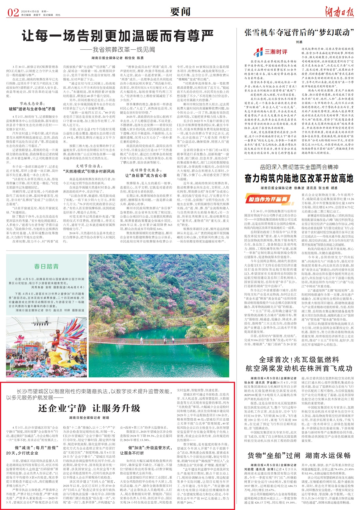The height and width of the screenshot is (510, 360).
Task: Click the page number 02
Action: (13, 13)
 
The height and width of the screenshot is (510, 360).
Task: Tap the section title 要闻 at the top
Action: (180, 12)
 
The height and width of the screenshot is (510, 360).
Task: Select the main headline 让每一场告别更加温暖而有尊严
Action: (118, 36)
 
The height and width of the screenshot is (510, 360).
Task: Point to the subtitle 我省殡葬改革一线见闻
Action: (124, 50)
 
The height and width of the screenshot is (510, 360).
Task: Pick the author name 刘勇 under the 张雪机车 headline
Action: (299, 42)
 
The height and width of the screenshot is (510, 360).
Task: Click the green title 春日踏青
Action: (46, 266)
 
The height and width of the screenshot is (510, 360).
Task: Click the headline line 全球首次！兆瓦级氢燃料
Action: (299, 360)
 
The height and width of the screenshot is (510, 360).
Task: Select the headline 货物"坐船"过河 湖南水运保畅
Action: (299, 455)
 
